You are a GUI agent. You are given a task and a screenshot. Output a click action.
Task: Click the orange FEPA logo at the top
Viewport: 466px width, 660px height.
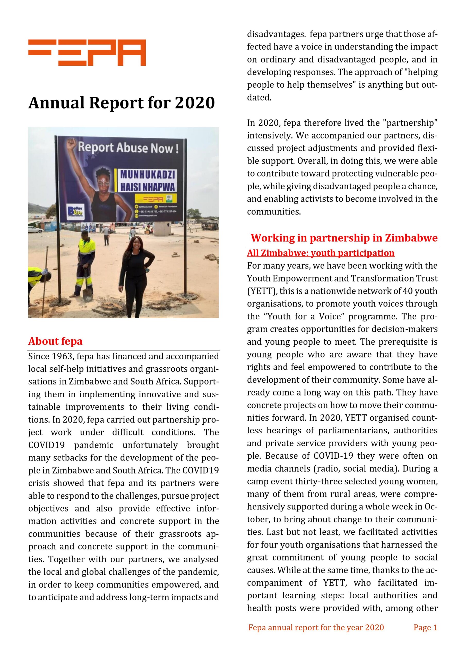point(87,53)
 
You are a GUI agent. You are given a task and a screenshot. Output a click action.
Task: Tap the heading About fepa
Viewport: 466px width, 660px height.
point(55,341)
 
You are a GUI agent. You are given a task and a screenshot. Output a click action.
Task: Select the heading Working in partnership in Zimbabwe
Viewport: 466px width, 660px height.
point(344,238)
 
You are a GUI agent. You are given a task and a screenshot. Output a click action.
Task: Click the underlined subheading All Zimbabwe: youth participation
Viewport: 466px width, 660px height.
point(321,253)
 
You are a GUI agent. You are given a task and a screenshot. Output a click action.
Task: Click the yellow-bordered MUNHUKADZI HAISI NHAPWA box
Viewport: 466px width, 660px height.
point(147,180)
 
